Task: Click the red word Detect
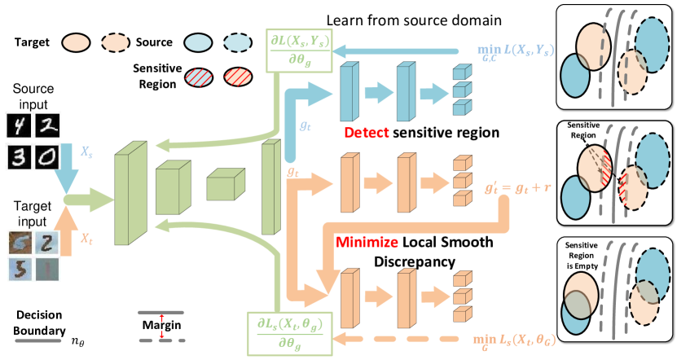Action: pyautogui.click(x=367, y=132)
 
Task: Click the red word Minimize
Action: pyautogui.click(x=367, y=243)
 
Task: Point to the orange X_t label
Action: pyautogui.click(x=86, y=237)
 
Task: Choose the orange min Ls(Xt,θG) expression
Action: pyautogui.click(x=513, y=336)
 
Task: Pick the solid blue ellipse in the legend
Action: pyautogui.click(x=197, y=42)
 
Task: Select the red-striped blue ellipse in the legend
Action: pyautogui.click(x=197, y=77)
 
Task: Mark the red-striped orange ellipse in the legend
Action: pyautogui.click(x=238, y=77)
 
